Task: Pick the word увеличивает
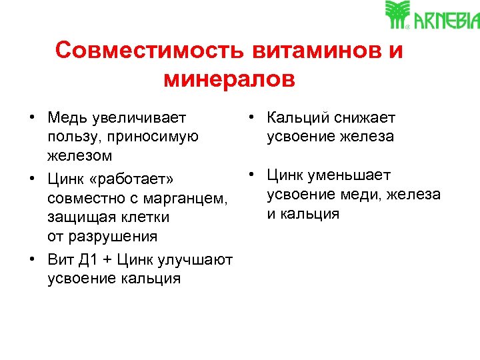click(140, 118)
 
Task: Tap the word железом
click(80, 156)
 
